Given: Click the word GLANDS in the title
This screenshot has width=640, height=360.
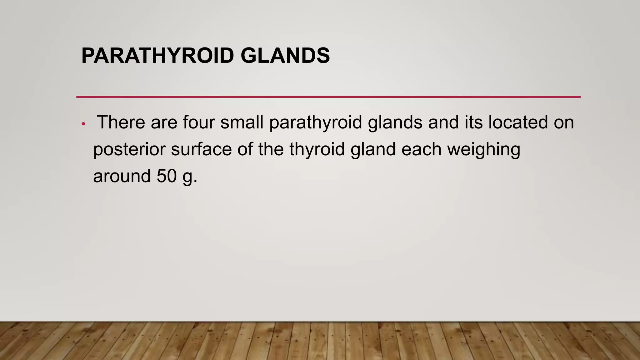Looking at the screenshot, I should coord(285,56).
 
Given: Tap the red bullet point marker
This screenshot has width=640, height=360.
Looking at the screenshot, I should coord(83,124).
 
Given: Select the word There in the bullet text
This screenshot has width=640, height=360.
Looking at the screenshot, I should coord(121,122).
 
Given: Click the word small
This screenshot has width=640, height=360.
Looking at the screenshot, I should coord(242,122).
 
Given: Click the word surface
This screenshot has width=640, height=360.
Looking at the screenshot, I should coord(201,149).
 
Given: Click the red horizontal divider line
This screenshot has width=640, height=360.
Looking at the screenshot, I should coord(328,97).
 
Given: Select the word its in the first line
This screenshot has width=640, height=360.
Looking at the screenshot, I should coord(473,122).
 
